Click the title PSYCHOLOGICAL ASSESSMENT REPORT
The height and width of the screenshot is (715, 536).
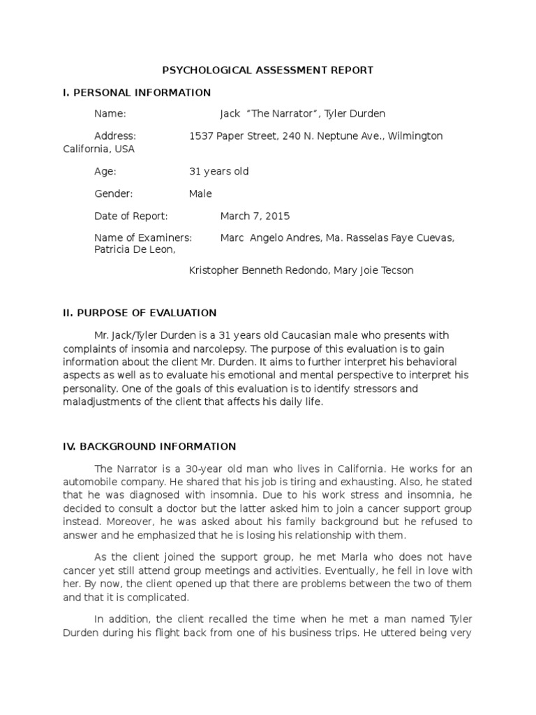[x=268, y=70]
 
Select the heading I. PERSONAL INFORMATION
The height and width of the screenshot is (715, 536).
[x=137, y=92]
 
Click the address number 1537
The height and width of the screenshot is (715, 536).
[x=201, y=136]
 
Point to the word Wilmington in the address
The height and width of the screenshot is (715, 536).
[x=417, y=136]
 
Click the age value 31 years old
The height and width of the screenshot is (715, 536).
[x=218, y=172]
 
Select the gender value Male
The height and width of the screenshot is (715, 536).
[x=200, y=193]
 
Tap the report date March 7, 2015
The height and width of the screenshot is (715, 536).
[x=255, y=216]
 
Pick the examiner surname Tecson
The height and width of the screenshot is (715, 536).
[x=398, y=270]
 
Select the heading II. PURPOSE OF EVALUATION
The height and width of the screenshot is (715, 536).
[x=140, y=313]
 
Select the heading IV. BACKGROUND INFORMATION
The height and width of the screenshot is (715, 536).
[x=149, y=446]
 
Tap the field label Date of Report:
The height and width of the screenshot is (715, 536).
[x=131, y=216]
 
